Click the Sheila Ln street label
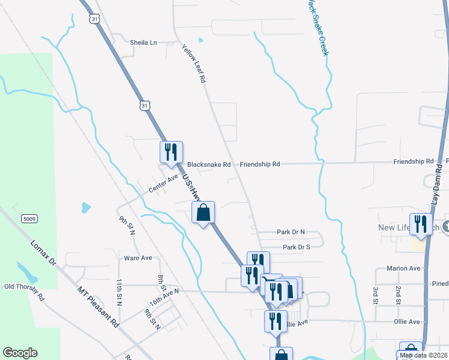pyautogui.click(x=143, y=43)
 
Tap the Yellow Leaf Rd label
pyautogui.click(x=194, y=64)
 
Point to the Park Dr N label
pyautogui.click(x=291, y=232)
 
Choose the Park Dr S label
pyautogui.click(x=296, y=247)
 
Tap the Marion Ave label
pyautogui.click(x=403, y=268)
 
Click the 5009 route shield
pyautogui.click(x=28, y=219)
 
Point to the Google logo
pyautogui.click(x=20, y=353)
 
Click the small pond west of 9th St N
pyautogui.click(x=86, y=208)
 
